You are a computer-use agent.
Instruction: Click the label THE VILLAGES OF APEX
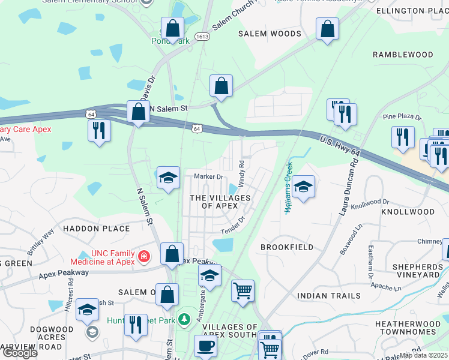click(x=214, y=202)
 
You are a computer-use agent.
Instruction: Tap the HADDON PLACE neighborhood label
click(x=96, y=229)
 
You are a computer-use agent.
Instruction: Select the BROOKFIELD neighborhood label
click(x=287, y=247)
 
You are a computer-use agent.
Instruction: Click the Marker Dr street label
click(x=208, y=176)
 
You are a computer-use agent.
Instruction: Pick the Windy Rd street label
click(x=241, y=172)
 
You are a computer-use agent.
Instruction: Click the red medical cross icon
click(x=143, y=257)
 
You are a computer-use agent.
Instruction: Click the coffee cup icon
click(x=206, y=346)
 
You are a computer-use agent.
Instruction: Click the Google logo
click(x=19, y=353)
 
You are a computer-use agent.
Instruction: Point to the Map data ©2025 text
click(x=423, y=355)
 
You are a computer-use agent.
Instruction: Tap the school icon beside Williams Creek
click(x=304, y=188)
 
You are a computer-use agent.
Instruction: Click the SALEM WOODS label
click(x=270, y=34)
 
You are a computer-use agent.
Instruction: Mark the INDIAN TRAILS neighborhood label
click(x=329, y=295)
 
